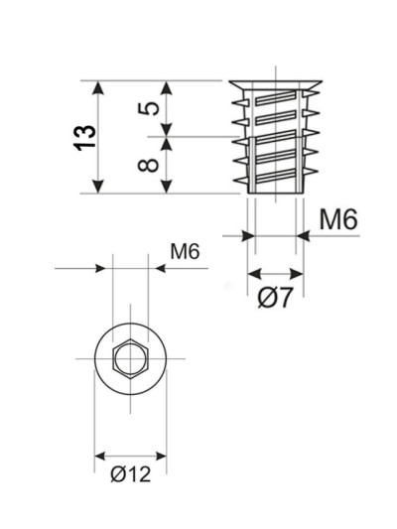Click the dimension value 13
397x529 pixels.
(84, 138)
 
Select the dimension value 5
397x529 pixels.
(149, 108)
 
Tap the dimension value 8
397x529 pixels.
(149, 165)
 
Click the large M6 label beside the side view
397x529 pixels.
(338, 219)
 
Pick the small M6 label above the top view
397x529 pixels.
(185, 252)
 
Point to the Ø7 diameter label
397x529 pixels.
(275, 298)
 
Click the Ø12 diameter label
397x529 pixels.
(131, 474)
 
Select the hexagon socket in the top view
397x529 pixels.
(131, 358)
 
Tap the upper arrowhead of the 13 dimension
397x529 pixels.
(98, 87)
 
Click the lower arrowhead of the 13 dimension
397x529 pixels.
(98, 187)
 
